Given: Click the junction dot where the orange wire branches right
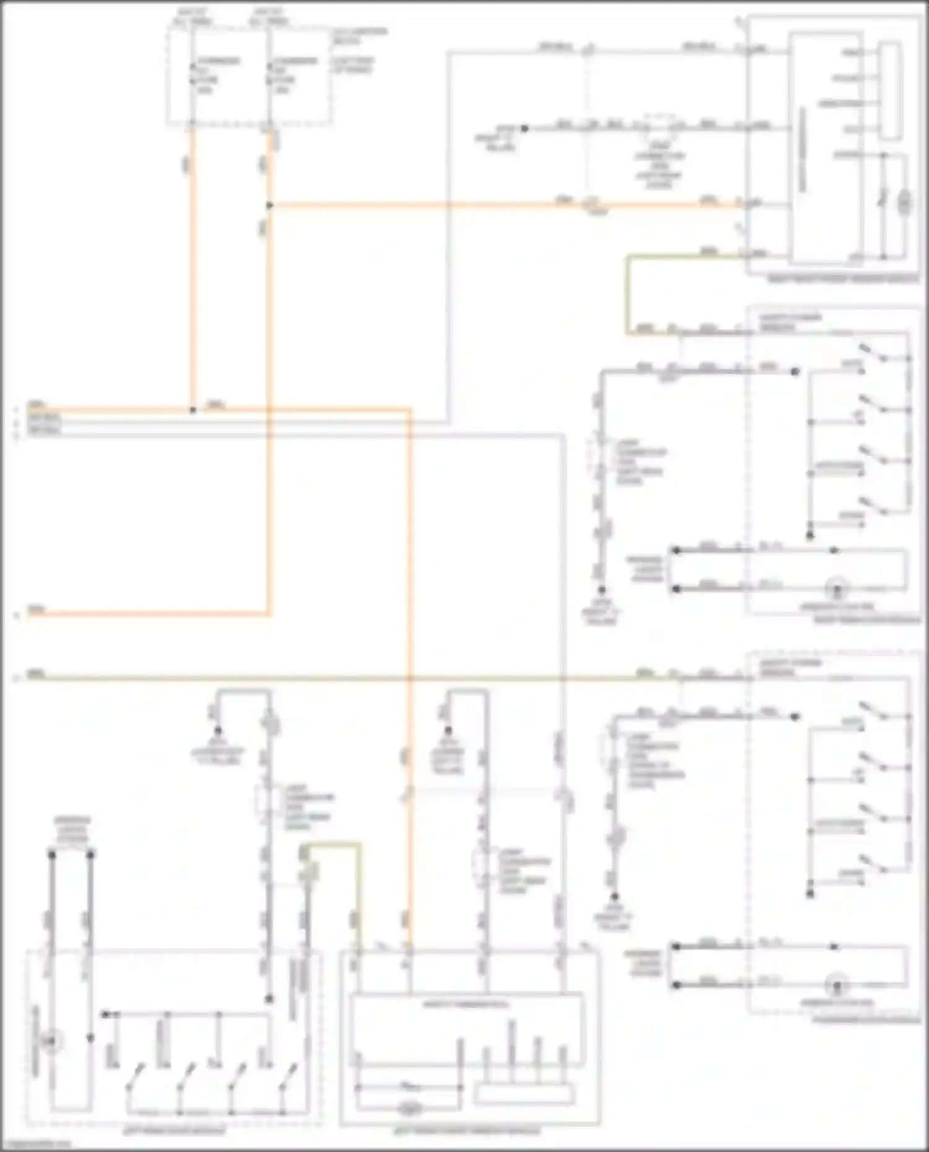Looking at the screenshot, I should point(269,205).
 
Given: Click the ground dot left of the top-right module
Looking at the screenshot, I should point(524,128).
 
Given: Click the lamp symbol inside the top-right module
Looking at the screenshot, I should point(905,202).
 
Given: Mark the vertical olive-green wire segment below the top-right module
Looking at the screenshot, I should point(627,294).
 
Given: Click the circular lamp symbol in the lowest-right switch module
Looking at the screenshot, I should point(837,984).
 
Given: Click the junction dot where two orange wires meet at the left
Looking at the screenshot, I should point(193,410).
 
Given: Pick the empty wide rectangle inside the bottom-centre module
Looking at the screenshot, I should point(524,1094).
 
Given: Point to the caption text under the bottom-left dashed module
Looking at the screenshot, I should point(174,1132).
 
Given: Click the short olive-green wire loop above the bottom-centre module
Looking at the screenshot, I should point(331,845).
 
